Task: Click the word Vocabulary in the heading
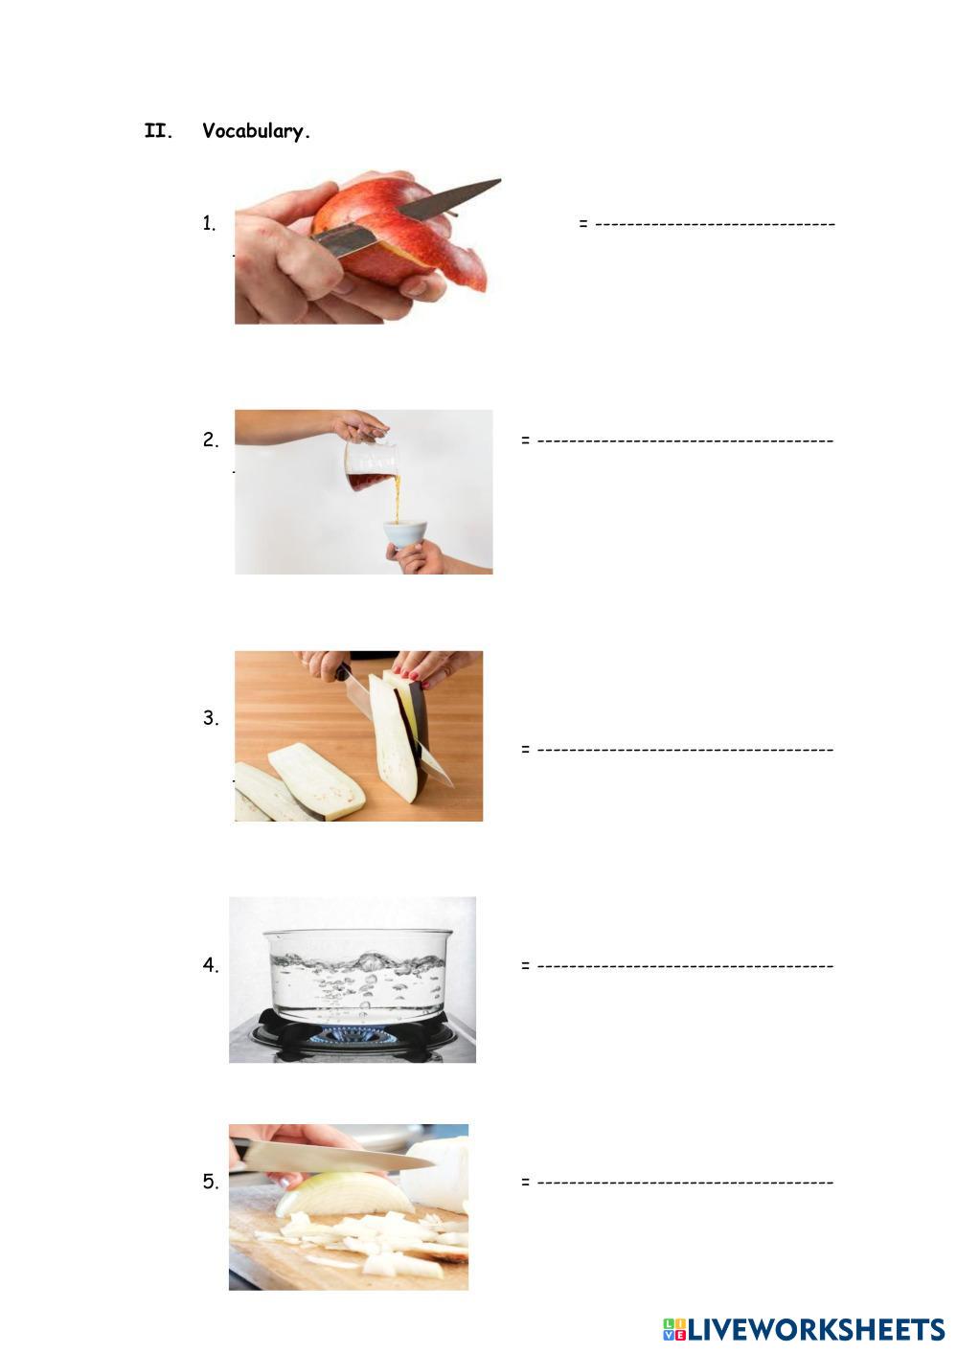[256, 131]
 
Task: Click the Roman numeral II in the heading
[158, 130]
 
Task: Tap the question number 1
[209, 223]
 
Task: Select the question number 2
[211, 440]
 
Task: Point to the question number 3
[211, 718]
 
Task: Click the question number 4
[211, 965]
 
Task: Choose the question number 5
[211, 1182]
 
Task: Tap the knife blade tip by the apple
[500, 180]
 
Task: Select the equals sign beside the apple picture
[583, 224]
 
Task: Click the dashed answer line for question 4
[685, 966]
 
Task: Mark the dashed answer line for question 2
[685, 440]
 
